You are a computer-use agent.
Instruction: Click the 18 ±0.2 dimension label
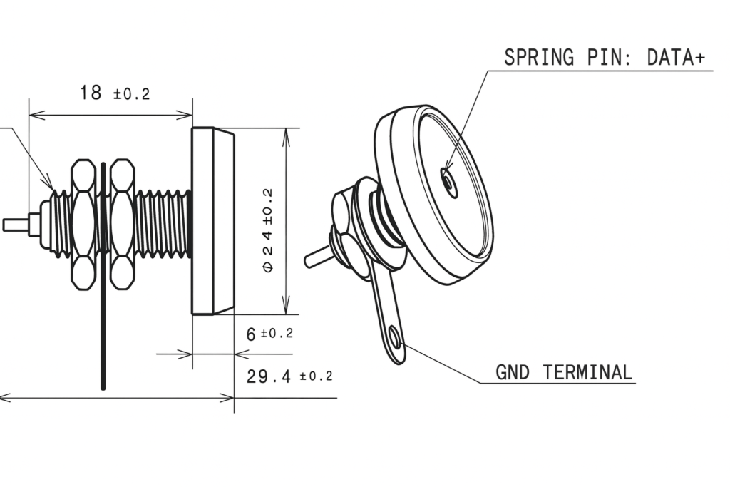click(x=115, y=93)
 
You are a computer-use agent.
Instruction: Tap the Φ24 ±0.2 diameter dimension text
click(x=268, y=230)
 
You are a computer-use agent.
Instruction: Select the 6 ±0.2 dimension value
click(x=269, y=334)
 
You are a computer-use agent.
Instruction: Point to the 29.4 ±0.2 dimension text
click(x=289, y=376)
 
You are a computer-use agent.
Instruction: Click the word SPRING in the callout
click(x=539, y=57)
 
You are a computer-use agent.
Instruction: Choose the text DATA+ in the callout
click(x=676, y=57)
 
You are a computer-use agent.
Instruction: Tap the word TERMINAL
click(x=587, y=372)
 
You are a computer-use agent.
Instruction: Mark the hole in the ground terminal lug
click(x=395, y=338)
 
